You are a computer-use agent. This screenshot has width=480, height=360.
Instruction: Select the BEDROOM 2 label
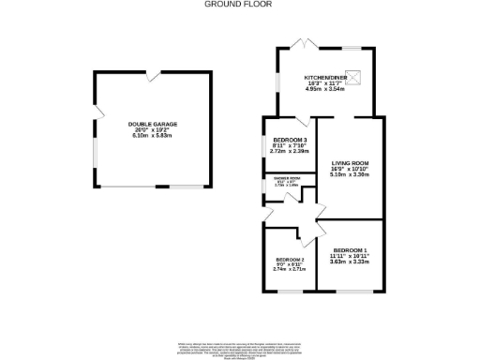tap(290, 259)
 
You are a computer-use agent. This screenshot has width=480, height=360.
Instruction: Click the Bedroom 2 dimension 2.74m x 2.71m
tap(290, 270)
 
